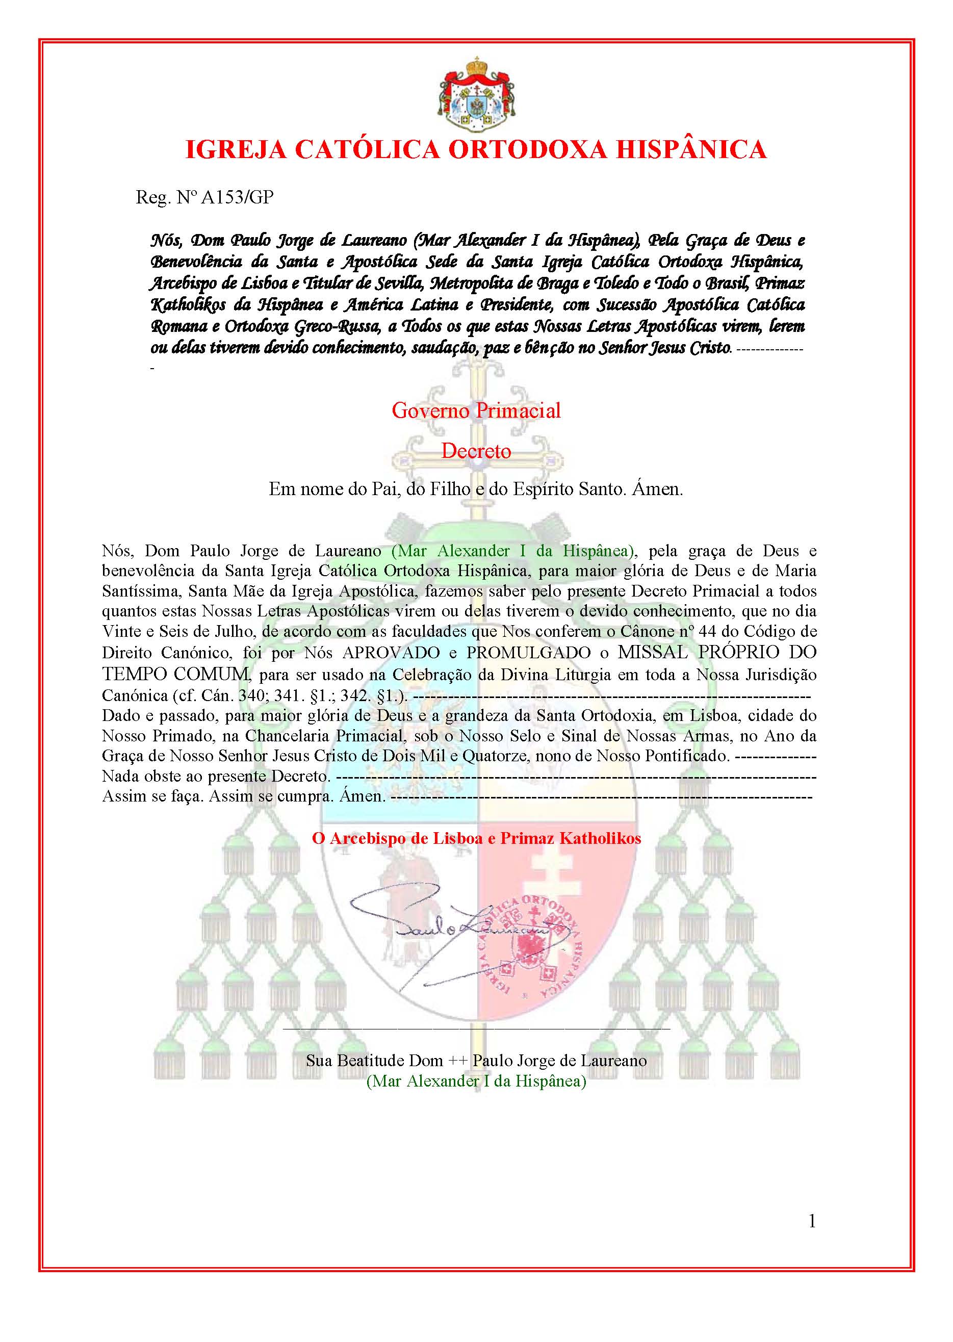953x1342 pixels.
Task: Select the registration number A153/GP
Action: tap(238, 197)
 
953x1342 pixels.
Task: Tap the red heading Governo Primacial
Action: tap(476, 410)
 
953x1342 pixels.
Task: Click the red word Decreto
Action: tap(476, 451)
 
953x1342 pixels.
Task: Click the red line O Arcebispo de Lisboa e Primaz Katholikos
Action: tap(476, 838)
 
